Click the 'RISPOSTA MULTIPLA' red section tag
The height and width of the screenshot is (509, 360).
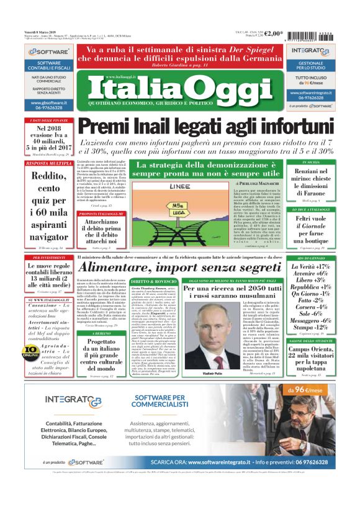pyautogui.click(x=48, y=163)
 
